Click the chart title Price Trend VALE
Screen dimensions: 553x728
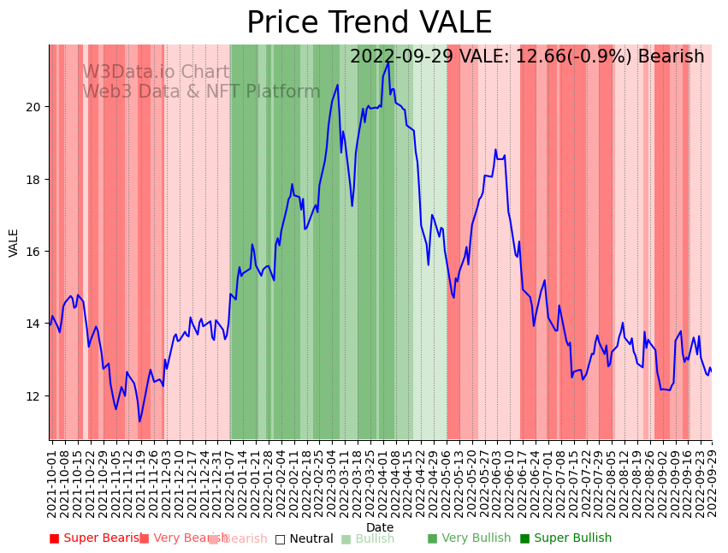[x=369, y=23]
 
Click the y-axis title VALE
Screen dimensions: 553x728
[x=14, y=242]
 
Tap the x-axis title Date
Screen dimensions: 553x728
[x=380, y=527]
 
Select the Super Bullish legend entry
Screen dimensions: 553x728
[x=565, y=538]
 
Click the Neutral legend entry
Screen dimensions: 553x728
[x=304, y=539]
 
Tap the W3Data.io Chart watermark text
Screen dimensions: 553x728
[x=156, y=73]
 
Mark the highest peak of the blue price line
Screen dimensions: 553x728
[x=388, y=62]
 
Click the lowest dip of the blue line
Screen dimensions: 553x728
[x=139, y=421]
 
